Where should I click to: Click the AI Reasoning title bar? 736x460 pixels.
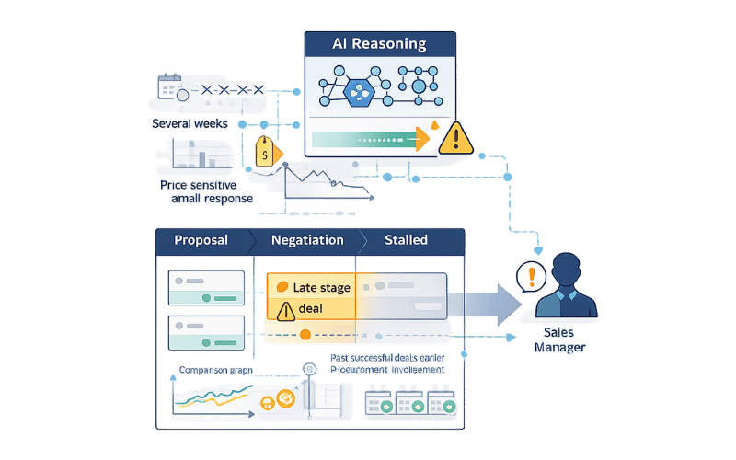point(379,43)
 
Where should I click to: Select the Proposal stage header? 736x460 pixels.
point(201,240)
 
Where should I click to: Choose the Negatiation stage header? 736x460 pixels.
point(307,240)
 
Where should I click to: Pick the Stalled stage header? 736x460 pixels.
point(406,240)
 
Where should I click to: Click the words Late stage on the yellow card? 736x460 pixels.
point(321,288)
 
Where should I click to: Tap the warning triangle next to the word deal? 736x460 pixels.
point(284,309)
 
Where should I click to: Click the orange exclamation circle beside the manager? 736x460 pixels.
point(531,276)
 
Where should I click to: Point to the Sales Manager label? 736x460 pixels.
point(559,339)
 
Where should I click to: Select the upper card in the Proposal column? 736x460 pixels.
point(205,285)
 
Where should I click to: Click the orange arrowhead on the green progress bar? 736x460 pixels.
point(422,139)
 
